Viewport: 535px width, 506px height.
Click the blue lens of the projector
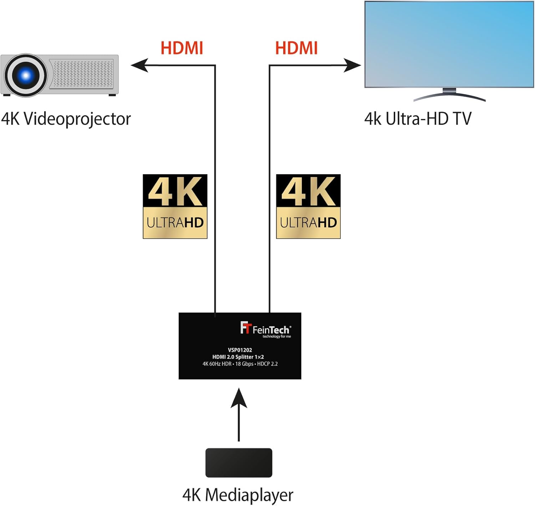[x=25, y=75]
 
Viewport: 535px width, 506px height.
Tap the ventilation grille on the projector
[x=83, y=74]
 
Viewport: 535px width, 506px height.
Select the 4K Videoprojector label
[x=66, y=119]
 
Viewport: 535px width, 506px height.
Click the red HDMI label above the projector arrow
[x=182, y=48]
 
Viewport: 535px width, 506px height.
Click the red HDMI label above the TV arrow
[x=296, y=48]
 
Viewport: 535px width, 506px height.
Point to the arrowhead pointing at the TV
[x=352, y=65]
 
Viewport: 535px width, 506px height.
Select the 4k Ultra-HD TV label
[x=418, y=119]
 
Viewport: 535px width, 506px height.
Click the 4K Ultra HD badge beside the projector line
[x=175, y=206]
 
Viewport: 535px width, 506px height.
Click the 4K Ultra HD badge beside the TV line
[x=308, y=206]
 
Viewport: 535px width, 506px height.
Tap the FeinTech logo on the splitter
[x=266, y=329]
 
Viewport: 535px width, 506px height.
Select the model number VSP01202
[x=240, y=350]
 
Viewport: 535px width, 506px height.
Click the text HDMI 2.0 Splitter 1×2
[x=238, y=357]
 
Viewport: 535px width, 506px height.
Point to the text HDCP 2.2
[x=267, y=364]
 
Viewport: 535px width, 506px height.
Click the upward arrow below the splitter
[x=239, y=414]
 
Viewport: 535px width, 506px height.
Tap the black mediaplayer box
[x=239, y=463]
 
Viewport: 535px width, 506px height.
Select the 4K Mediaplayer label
[x=238, y=495]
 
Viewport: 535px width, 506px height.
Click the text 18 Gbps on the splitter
[x=244, y=364]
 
